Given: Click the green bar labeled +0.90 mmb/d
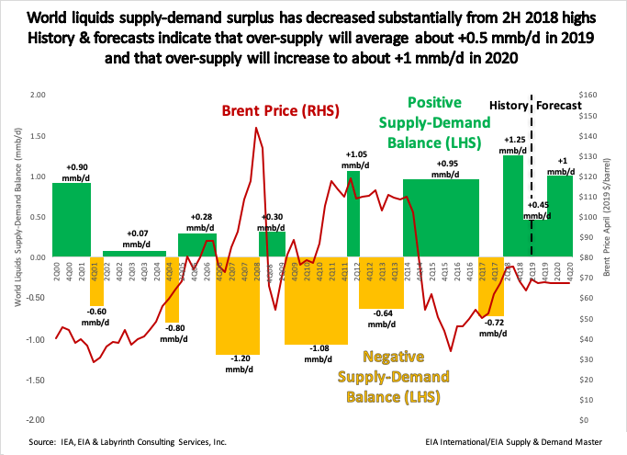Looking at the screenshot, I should pyautogui.click(x=71, y=220).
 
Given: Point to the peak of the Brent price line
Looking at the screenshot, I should pyautogui.click(x=256, y=128).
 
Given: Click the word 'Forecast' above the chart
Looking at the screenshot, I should pyautogui.click(x=560, y=105).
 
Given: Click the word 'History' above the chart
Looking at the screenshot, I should pyautogui.click(x=508, y=105).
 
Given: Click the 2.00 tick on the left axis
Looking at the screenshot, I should pyautogui.click(x=37, y=95).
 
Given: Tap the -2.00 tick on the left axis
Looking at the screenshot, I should pyautogui.click(x=35, y=419).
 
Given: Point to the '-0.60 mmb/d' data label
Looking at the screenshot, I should pyautogui.click(x=97, y=316).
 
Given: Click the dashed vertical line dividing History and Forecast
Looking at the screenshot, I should pyautogui.click(x=532, y=184).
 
